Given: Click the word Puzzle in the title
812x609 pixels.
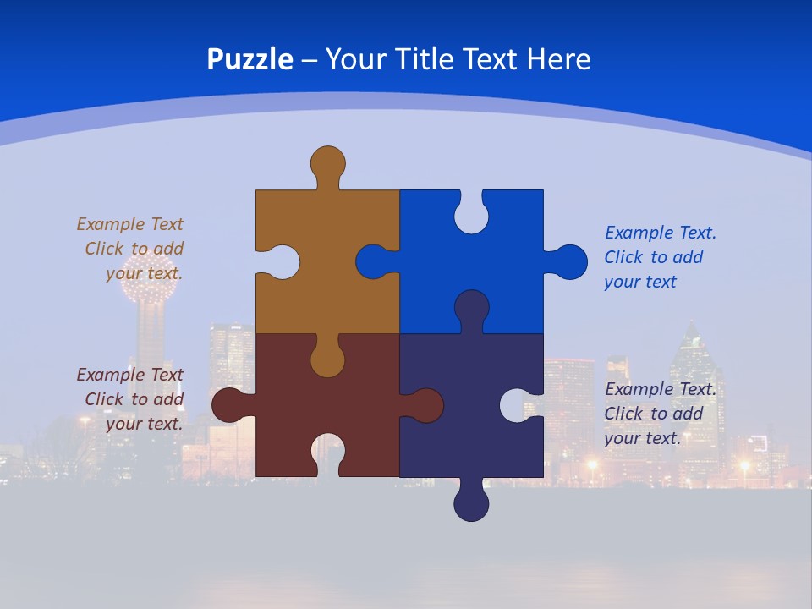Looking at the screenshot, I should click(x=250, y=60).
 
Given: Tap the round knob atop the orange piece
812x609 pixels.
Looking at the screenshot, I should click(x=328, y=163).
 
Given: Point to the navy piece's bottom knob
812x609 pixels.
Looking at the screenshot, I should click(x=471, y=503).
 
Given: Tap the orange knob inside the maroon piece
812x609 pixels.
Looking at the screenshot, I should click(x=328, y=359).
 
